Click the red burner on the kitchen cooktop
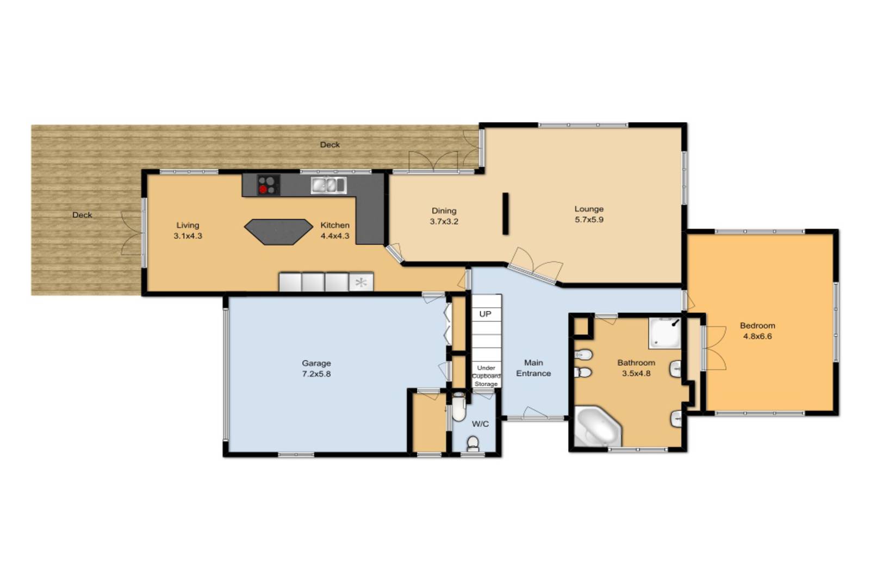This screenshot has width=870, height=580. click(x=263, y=190)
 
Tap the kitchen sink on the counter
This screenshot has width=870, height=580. click(x=328, y=185)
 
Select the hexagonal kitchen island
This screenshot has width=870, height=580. click(x=278, y=232)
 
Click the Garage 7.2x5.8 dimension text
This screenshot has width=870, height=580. click(x=316, y=374)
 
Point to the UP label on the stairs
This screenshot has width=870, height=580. click(x=485, y=314)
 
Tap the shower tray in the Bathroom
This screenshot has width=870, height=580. click(x=666, y=333)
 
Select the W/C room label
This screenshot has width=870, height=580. click(x=481, y=424)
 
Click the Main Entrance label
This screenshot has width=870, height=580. click(x=533, y=368)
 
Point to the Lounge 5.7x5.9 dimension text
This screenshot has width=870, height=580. click(x=589, y=220)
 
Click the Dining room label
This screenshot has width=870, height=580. click(x=444, y=211)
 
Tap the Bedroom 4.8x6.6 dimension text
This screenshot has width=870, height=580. click(x=757, y=336)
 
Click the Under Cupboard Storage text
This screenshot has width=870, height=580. click(x=486, y=376)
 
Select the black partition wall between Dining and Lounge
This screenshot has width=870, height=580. click(x=505, y=214)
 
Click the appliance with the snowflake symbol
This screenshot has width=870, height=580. click(x=361, y=282)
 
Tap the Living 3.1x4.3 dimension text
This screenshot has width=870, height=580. click(x=188, y=236)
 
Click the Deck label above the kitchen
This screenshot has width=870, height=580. click(x=330, y=145)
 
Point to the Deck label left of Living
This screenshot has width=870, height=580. click(x=82, y=215)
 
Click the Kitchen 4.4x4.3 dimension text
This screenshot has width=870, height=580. click(x=335, y=236)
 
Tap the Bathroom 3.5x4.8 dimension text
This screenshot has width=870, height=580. click(x=636, y=373)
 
